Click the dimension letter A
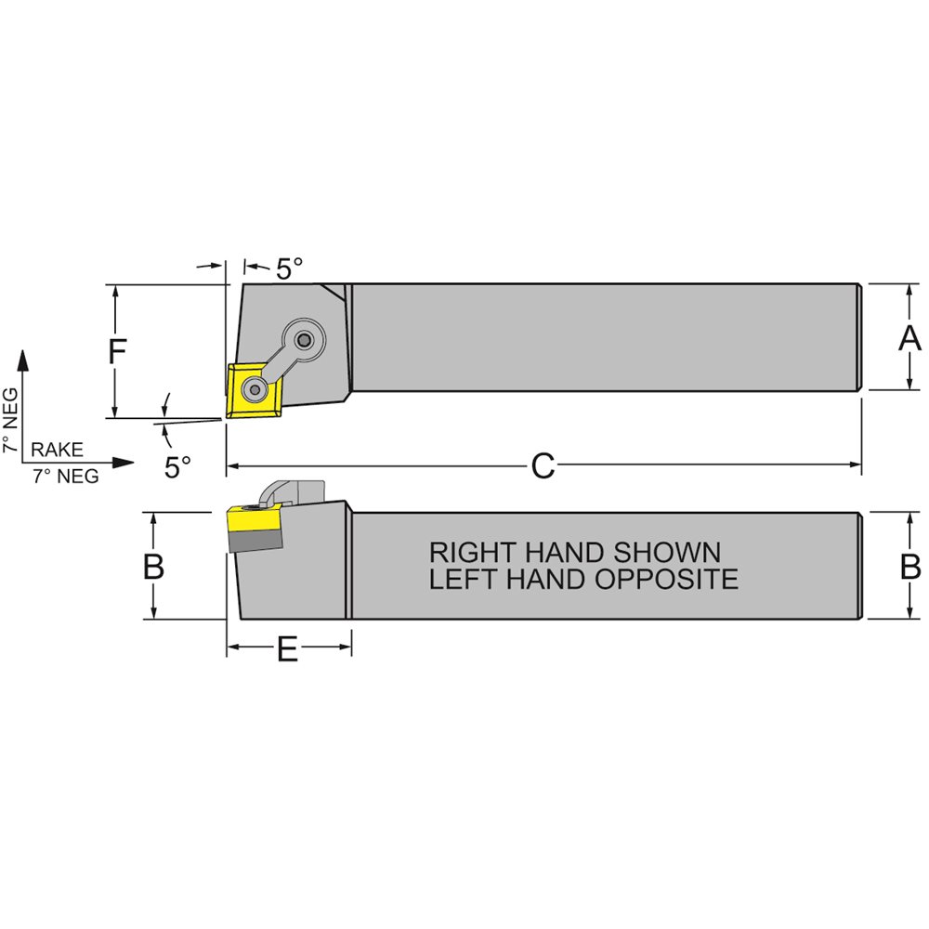[x=909, y=338]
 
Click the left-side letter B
[x=154, y=567]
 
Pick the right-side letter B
[x=910, y=567]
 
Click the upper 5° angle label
[x=289, y=269]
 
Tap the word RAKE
[x=58, y=450]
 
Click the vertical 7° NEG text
[x=10, y=418]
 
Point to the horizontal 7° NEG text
[x=66, y=477]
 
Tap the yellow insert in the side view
[x=254, y=515]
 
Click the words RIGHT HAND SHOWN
[x=574, y=552]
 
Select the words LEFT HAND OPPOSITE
[x=583, y=580]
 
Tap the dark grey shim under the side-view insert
[x=255, y=538]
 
